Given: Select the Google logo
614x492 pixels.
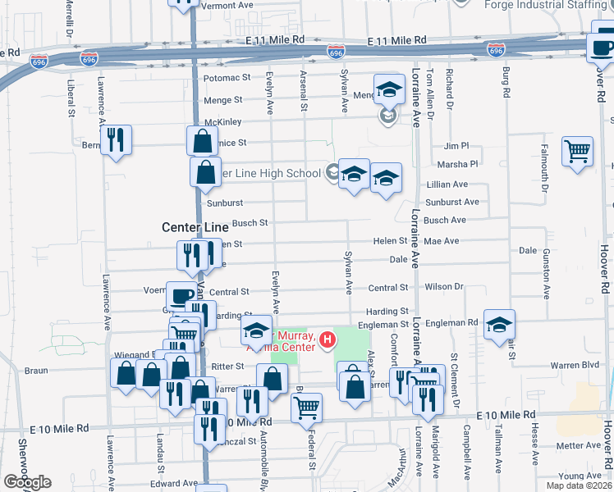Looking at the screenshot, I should click(x=28, y=482).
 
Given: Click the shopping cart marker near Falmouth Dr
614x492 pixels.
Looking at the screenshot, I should click(x=578, y=151).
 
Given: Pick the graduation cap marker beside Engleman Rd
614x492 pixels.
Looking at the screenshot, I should click(x=499, y=325).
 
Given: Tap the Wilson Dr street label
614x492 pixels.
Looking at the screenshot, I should click(x=444, y=287).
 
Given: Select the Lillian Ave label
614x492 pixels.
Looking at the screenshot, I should click(x=447, y=184).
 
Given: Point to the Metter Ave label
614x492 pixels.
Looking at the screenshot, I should click(x=580, y=446).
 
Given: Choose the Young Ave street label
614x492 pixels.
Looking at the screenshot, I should click(x=580, y=476).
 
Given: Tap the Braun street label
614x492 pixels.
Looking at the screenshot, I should click(x=36, y=371).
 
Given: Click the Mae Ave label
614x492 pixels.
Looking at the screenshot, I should click(x=442, y=241).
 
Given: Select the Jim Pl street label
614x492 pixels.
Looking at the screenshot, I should click(x=456, y=145).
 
